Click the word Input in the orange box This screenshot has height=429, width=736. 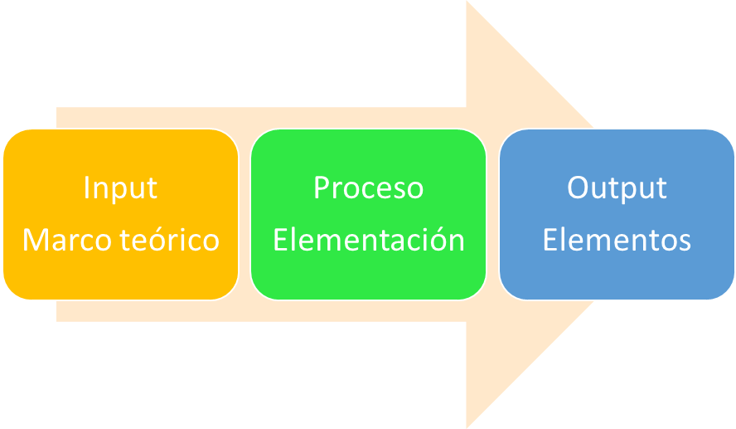[120, 188]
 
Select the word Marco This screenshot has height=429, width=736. [65, 240]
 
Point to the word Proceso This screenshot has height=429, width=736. [368, 188]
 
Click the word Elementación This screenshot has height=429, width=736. [368, 240]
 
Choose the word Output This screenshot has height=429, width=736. [617, 188]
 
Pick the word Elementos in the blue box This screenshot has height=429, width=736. [617, 240]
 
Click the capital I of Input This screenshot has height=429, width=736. [87, 188]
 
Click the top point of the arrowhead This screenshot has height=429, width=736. [469, 3]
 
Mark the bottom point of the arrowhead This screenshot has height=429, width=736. [469, 426]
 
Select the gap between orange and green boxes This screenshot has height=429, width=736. [245, 214]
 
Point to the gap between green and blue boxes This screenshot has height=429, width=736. [492, 214]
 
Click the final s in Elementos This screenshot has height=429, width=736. [685, 241]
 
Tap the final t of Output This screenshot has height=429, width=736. [661, 188]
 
